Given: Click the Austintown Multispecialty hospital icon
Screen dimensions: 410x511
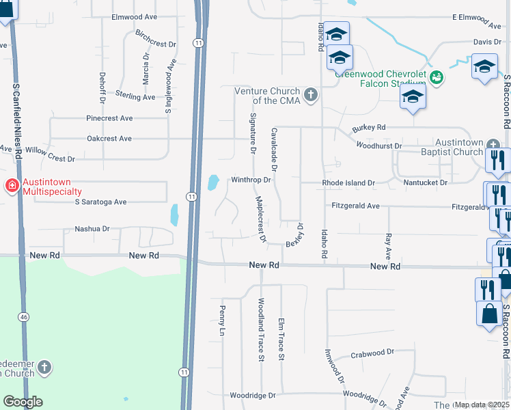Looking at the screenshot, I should tap(12, 186).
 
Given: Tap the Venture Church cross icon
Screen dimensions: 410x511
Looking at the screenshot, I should tap(311, 94).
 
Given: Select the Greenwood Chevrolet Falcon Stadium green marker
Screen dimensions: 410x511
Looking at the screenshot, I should tap(437, 79).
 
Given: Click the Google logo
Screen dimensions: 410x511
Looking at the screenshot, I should tap(23, 401).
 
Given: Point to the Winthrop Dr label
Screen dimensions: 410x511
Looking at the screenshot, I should tap(251, 180).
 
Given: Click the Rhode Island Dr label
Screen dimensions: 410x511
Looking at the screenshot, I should tap(348, 183).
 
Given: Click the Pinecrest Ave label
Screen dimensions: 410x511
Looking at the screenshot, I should tap(109, 118).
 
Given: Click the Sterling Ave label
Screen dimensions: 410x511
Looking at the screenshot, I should tap(135, 97).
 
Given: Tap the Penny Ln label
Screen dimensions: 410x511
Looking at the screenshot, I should tap(222, 319).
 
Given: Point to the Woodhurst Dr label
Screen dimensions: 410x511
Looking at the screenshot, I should tap(379, 146).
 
